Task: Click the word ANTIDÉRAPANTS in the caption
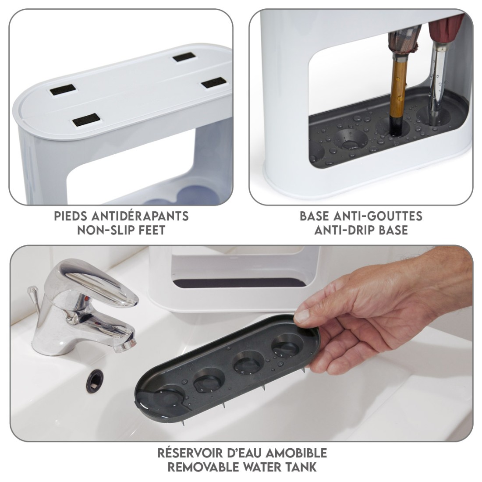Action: pyautogui.click(x=140, y=216)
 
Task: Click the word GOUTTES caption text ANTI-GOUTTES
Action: pyautogui.click(x=394, y=216)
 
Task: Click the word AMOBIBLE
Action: pyautogui.click(x=296, y=453)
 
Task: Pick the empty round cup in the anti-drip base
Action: pyautogui.click(x=351, y=140)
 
